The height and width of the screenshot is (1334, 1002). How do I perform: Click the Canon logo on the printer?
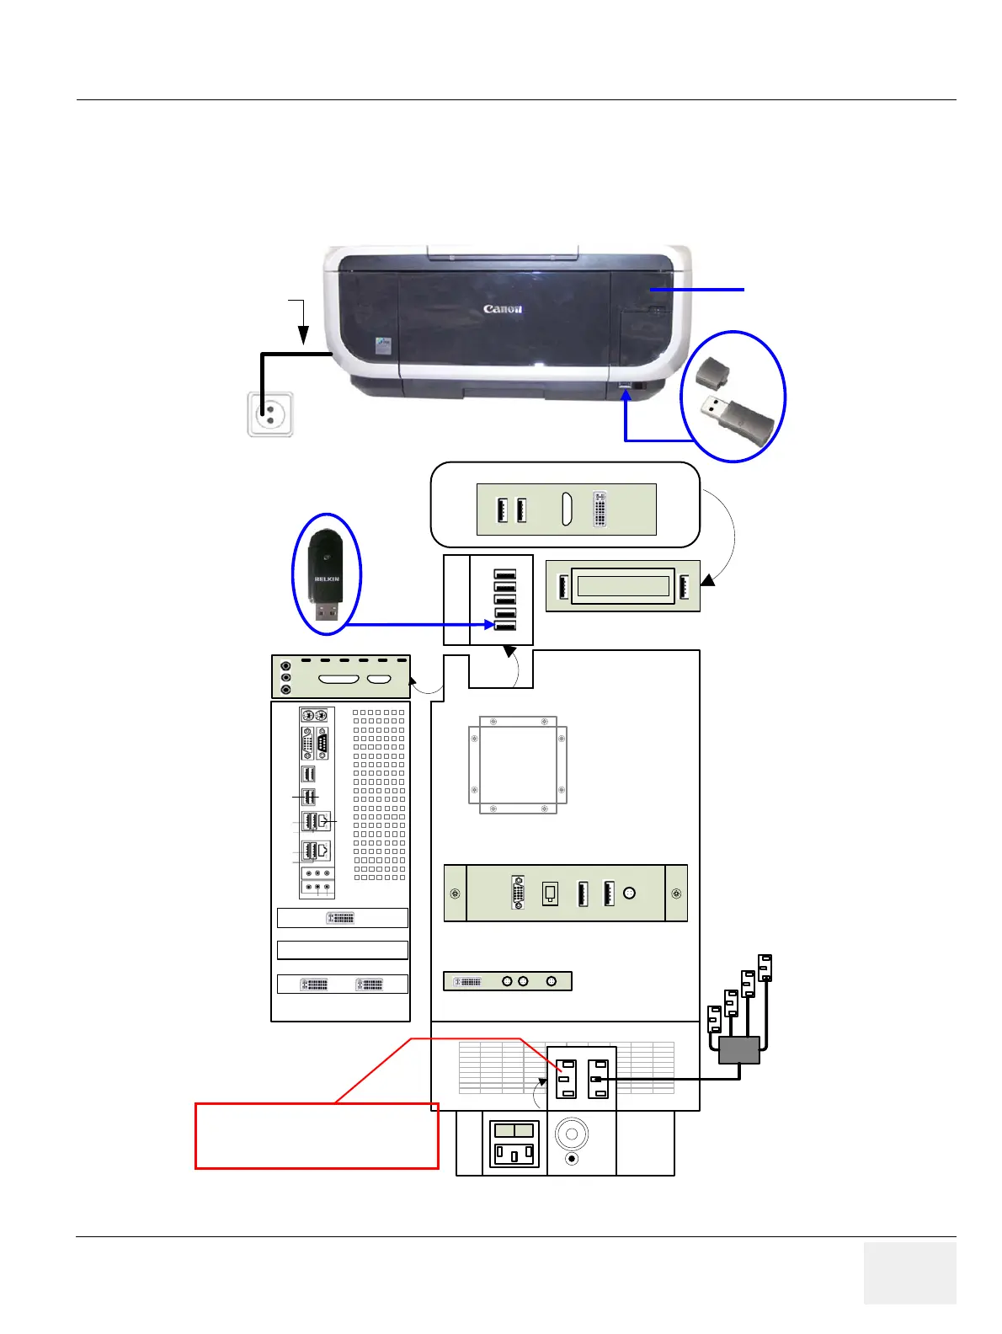[503, 309]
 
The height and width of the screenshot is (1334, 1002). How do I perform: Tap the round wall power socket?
[270, 414]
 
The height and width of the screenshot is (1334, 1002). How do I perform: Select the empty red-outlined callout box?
[317, 1135]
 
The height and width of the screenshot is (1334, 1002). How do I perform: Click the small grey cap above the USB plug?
[714, 371]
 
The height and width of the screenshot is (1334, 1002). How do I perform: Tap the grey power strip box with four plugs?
[739, 1050]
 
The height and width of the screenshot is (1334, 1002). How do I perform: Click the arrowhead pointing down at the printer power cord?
[301, 336]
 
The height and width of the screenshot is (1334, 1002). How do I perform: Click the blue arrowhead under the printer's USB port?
[626, 395]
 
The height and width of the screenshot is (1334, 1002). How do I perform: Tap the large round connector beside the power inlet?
[572, 1134]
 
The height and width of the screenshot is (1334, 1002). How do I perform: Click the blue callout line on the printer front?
[696, 290]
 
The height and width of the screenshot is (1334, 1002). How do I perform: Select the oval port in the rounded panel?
[567, 509]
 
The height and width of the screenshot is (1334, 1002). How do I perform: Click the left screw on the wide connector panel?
[456, 894]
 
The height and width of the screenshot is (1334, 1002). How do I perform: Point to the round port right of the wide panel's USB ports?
[629, 894]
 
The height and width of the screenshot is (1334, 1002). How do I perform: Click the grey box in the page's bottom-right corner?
[909, 1273]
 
